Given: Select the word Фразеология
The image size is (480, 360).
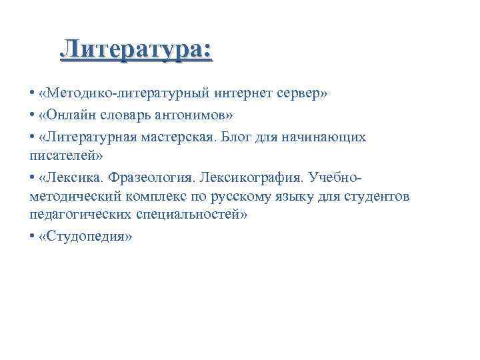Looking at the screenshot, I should (151, 178).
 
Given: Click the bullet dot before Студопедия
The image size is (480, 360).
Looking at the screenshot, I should (33, 238).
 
